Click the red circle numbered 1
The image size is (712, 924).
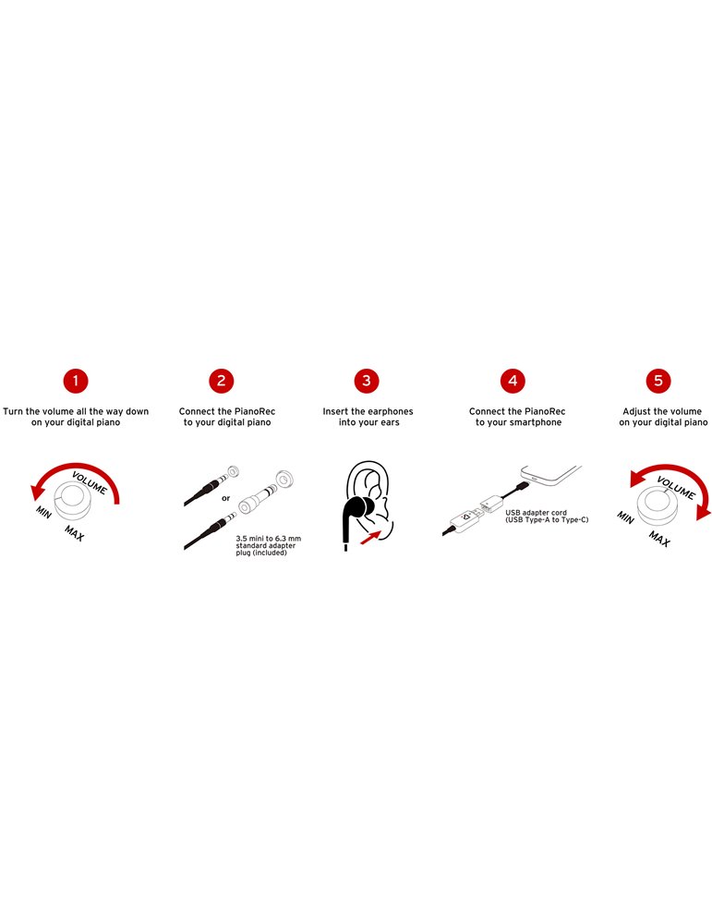click(76, 381)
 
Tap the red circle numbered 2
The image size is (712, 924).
click(222, 381)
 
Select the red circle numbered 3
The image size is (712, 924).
click(367, 381)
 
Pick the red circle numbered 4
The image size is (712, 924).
click(513, 381)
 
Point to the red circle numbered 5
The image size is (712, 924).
click(658, 381)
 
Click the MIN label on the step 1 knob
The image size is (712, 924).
click(44, 512)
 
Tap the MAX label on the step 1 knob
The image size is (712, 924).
click(75, 533)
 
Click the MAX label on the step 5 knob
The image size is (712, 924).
click(659, 539)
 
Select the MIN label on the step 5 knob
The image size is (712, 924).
click(625, 517)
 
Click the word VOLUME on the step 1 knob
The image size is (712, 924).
click(90, 483)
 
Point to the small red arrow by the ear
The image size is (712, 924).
click(370, 537)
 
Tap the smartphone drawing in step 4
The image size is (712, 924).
click(550, 475)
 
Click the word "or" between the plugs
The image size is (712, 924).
click(225, 498)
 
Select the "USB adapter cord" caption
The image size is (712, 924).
click(536, 513)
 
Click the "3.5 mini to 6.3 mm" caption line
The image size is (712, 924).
click(269, 539)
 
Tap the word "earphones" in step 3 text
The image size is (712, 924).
click(391, 411)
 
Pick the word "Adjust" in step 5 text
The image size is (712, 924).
click(636, 411)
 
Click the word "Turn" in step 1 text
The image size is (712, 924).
click(13, 411)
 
